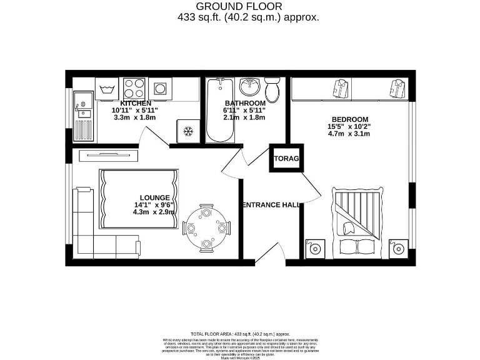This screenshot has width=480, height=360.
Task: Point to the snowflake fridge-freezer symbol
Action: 187,131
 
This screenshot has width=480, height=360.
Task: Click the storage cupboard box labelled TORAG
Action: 284,159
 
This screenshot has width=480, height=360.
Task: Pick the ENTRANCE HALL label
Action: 270,205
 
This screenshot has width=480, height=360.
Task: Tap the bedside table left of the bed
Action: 315,248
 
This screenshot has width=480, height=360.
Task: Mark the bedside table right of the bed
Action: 397,248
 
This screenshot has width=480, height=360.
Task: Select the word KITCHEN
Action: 135,103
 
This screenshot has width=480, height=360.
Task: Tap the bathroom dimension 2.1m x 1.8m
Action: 244,117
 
